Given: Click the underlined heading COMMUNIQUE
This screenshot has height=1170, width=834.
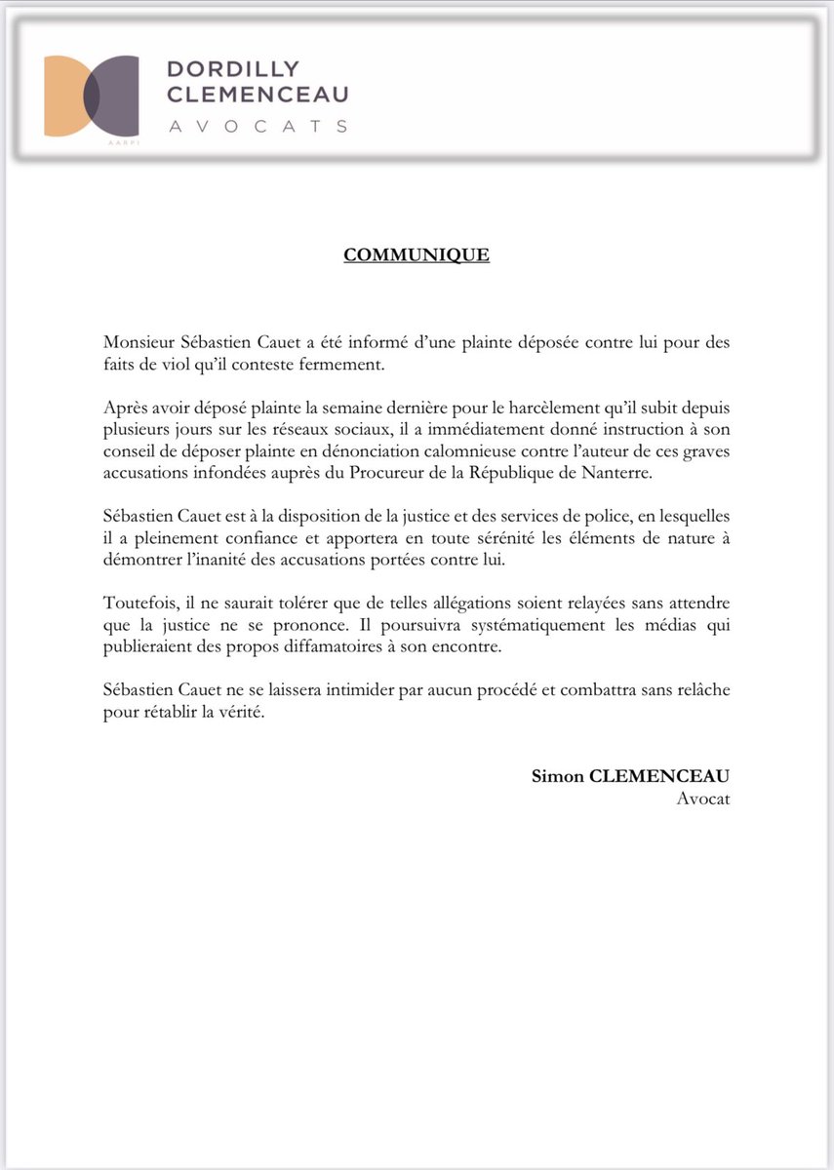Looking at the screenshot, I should point(417,255).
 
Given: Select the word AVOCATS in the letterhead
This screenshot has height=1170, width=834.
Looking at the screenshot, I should point(258,126).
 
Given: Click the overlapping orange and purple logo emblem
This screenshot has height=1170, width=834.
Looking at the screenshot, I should point(91,96).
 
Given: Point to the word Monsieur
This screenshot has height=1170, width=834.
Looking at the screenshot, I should point(139,344).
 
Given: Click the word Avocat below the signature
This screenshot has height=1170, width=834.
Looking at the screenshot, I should point(702,798).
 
